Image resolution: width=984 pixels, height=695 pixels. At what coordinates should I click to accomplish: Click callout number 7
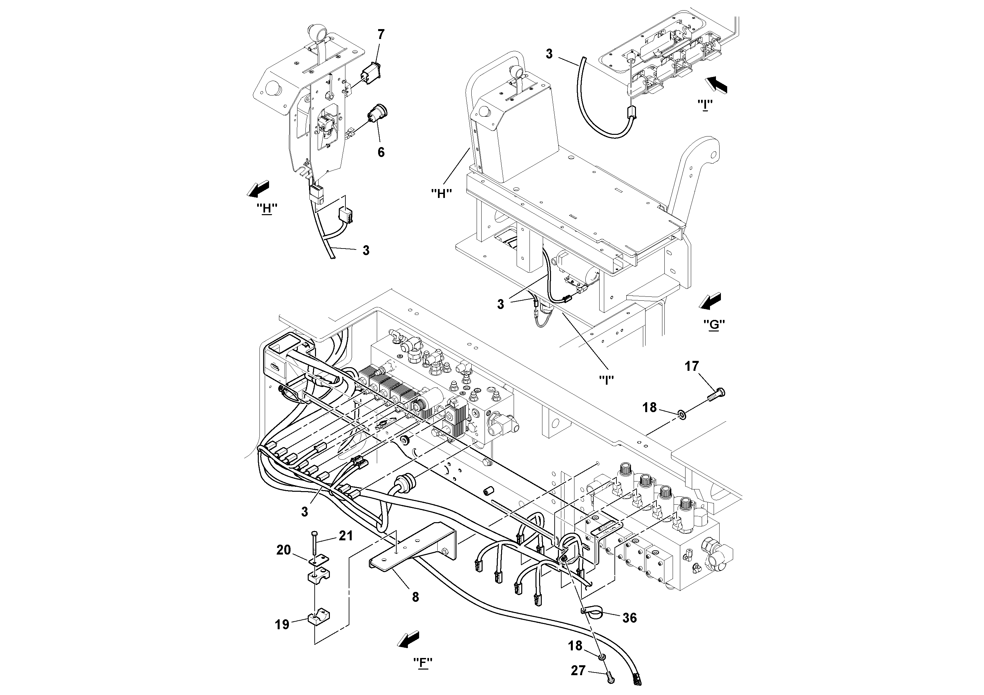[x=380, y=34]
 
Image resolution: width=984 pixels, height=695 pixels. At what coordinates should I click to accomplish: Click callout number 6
[x=380, y=152]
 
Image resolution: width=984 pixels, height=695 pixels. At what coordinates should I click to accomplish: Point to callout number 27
[x=578, y=670]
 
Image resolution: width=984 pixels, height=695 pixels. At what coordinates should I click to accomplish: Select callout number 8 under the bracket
[x=415, y=597]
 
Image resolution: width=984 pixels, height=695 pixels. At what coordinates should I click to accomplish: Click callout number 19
[x=282, y=624]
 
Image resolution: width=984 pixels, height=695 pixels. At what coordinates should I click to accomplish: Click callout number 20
[x=283, y=550]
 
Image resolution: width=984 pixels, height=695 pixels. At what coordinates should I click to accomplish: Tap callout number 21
[x=346, y=536]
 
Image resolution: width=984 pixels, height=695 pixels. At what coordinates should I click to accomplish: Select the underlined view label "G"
[x=714, y=324]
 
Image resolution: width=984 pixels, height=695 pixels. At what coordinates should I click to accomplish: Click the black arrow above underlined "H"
[x=258, y=188]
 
